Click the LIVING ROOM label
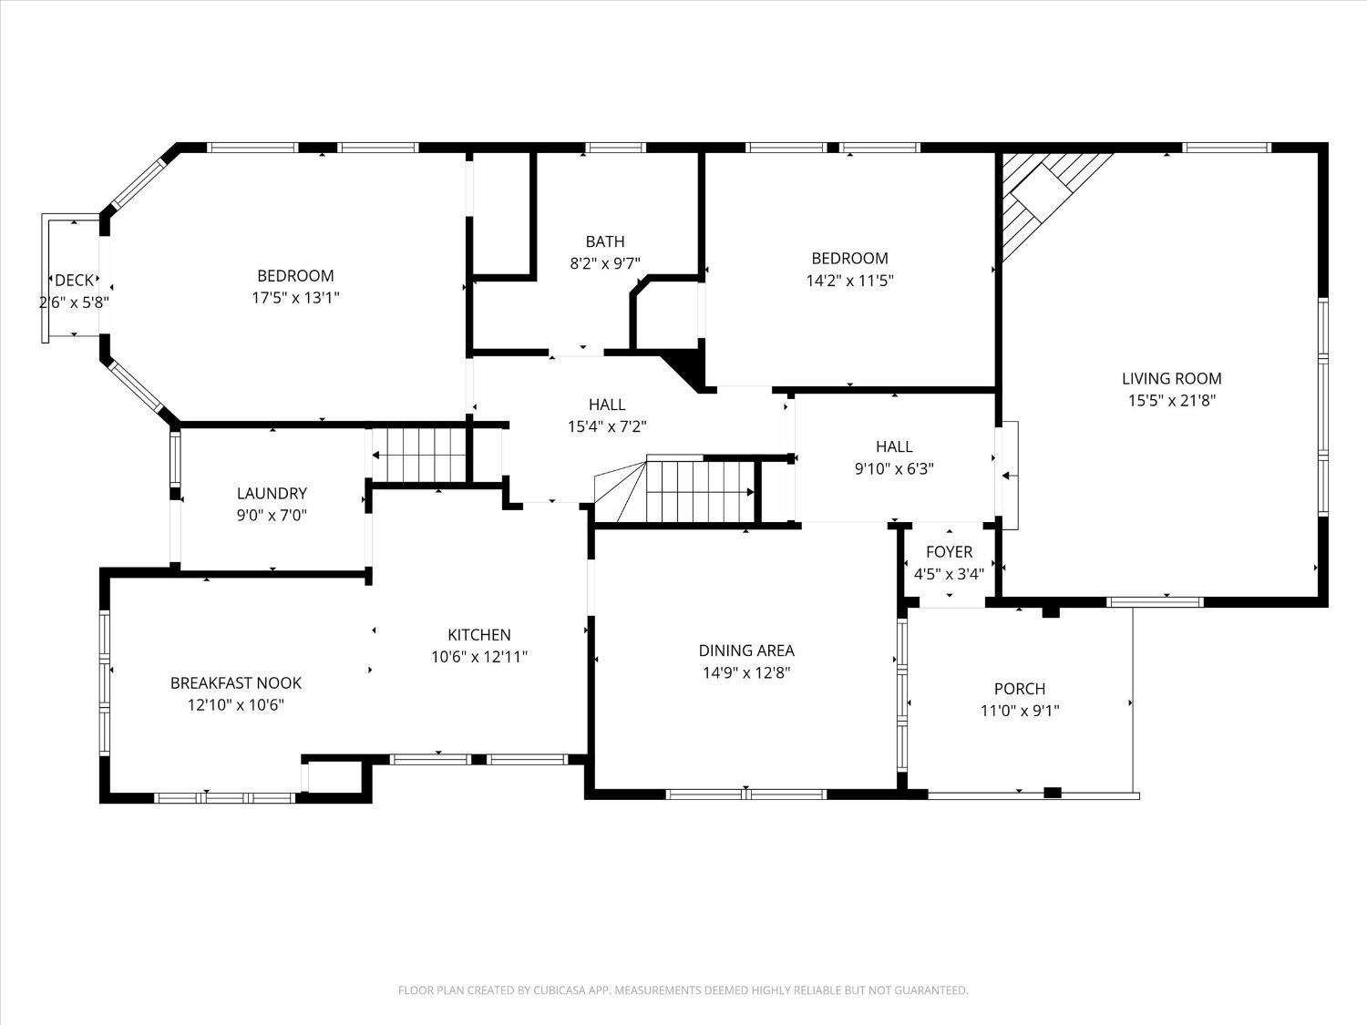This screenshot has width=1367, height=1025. pos(1171,378)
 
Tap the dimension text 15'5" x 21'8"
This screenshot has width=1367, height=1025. pos(1171,400)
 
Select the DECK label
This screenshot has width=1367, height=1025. pos(74,281)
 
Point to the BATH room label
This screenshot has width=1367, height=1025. pos(605,241)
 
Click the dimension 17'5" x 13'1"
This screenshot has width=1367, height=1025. pos(295,297)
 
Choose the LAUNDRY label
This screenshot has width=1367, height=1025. pos(272,493)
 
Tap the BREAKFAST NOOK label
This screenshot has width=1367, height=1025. pos(236,682)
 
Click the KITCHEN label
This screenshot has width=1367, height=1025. pos(478,635)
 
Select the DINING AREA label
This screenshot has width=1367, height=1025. pos(746,651)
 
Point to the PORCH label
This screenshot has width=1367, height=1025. pos(1019,689)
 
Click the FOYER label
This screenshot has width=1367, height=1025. pos(949,551)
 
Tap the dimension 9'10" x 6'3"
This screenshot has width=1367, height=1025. pos(893,469)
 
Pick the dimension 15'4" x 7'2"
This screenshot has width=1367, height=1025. pos(607,426)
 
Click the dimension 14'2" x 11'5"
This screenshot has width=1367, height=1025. pos(849,281)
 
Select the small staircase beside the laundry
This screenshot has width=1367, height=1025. pos(419,455)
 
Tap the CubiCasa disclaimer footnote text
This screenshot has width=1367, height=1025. pos(683,989)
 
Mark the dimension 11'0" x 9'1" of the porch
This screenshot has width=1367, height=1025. pos(1019,711)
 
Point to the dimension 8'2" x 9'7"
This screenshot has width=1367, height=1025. pos(605,263)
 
